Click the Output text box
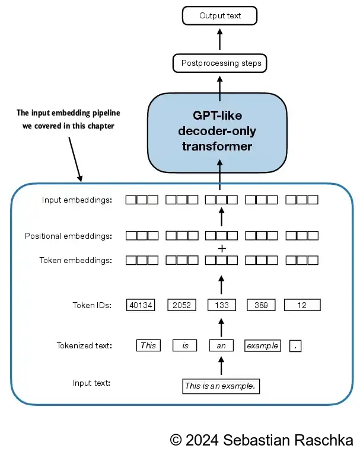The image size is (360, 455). pos(220,15)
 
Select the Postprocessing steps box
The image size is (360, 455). pos(221,63)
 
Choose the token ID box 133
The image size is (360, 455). pos(221,305)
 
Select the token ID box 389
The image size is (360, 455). pos(261,305)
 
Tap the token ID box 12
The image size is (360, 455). pos(302,305)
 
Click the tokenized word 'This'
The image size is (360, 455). pos(148,345)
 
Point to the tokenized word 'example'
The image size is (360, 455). pos(262,345)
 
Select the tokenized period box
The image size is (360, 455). pos(295,346)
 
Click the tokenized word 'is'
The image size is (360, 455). pos(184,345)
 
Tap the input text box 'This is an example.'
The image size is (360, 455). pos(221,386)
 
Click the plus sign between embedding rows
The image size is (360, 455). pos(222,248)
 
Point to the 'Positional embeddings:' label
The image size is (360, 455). pos(68,236)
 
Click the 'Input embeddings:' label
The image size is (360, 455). pos(77,200)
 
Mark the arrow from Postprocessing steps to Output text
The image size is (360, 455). pos(220,40)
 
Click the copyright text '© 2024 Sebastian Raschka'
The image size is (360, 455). pos(262,440)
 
